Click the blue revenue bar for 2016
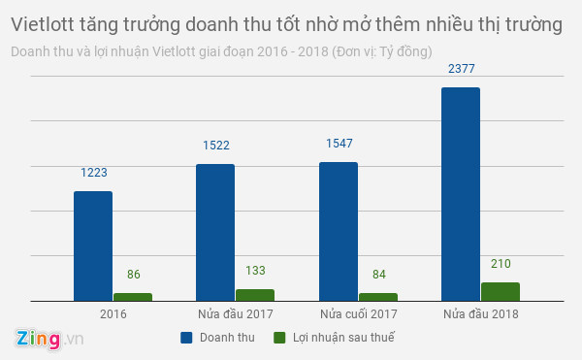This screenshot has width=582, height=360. [x=93, y=245]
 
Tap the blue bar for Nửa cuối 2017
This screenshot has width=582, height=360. [x=339, y=231]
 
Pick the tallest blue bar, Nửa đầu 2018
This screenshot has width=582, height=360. [x=461, y=194]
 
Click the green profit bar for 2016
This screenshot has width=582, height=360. [x=133, y=297]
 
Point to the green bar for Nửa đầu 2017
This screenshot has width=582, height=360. [x=255, y=295]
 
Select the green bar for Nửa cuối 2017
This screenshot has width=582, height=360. [x=378, y=297]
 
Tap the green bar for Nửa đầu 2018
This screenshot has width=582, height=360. [x=501, y=291]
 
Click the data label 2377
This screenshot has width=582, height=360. [x=461, y=69]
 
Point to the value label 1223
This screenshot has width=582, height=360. [x=93, y=173]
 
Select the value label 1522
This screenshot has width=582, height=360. [x=215, y=145]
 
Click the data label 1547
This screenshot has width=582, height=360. [x=339, y=143]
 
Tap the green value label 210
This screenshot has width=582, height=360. [x=501, y=263]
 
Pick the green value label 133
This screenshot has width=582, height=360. [x=255, y=271]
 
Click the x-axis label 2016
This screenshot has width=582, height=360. [x=113, y=314]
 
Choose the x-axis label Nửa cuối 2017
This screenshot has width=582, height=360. [x=358, y=314]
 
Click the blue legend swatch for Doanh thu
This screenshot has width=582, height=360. [x=186, y=338]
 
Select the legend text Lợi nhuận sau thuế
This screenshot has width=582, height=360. [x=345, y=338]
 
